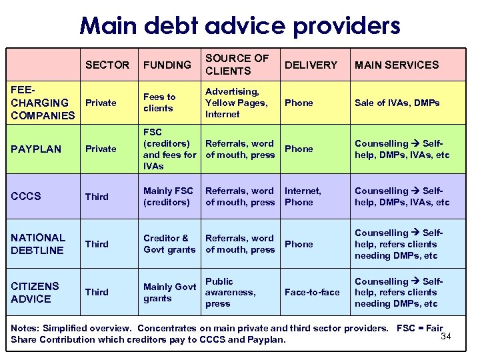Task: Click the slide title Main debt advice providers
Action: pos(239,25)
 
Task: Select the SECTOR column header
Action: pos(107,65)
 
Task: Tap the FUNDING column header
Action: pos(167,65)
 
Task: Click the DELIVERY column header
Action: pos(311,65)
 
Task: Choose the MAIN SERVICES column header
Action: pos(397,65)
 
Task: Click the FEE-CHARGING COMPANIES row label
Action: pos(43,103)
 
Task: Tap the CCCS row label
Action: pos(26,196)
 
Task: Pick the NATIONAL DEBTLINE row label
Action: pos(38,244)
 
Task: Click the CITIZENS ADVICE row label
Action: pos(35,292)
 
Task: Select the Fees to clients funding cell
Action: pos(159,103)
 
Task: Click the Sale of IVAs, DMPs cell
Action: pos(397,103)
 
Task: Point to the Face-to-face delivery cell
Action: pos(312,292)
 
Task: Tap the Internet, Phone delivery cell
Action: pos(303,196)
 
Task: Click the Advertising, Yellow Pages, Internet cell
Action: pos(236,103)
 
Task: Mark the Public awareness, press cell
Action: pos(230,292)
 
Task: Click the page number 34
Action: pos(446,335)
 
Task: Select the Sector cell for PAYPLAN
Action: pos(101,149)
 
